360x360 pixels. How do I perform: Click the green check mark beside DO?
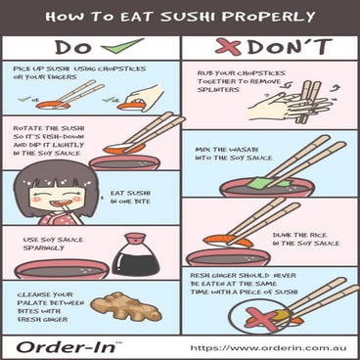point(125,46)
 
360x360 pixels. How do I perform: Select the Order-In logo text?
point(65,347)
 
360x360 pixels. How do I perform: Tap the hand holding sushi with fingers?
point(141,99)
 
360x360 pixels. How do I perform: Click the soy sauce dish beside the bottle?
point(59,268)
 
